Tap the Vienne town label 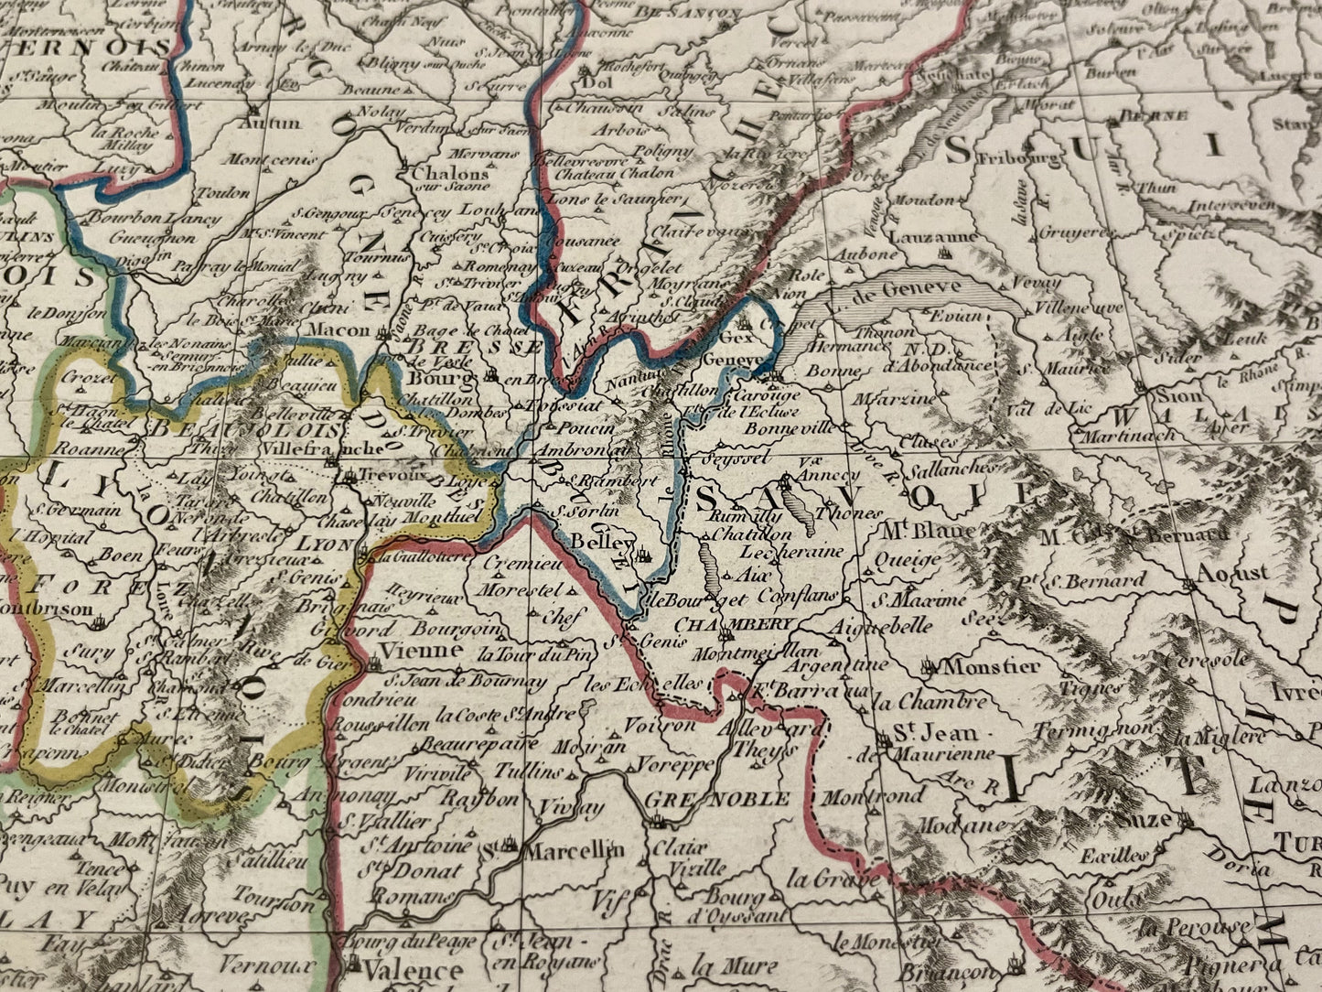407,651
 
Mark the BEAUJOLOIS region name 244,427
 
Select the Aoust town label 1232,573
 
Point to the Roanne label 88,450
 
